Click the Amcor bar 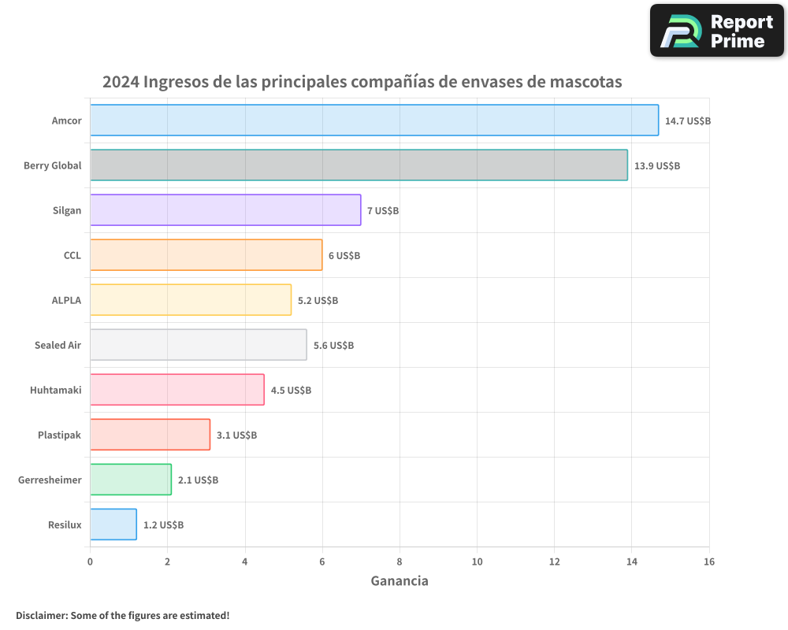(374, 120)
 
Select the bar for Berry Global (359, 165)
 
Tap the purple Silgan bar (225, 210)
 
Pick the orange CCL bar (206, 255)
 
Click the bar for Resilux (113, 524)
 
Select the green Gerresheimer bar (131, 480)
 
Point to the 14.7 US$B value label (688, 121)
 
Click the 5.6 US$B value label (333, 346)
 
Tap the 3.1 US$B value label (236, 435)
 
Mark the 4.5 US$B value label (291, 391)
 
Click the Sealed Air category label (58, 346)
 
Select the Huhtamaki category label (55, 391)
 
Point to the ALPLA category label (66, 301)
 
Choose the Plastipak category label (59, 435)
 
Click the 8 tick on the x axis (400, 561)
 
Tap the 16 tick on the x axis (708, 561)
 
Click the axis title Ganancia (400, 581)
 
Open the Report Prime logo (717, 31)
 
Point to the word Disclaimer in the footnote (41, 615)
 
